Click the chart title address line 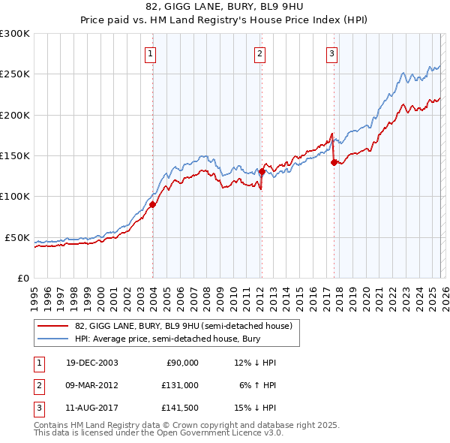point(225,8)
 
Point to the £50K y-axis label point(16,237)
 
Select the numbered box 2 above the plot point(259,53)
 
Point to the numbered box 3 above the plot point(331,53)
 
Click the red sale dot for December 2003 point(152,204)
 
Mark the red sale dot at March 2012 point(261,171)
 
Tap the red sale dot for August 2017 point(334,162)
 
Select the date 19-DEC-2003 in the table point(91,363)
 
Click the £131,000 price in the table point(181,384)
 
